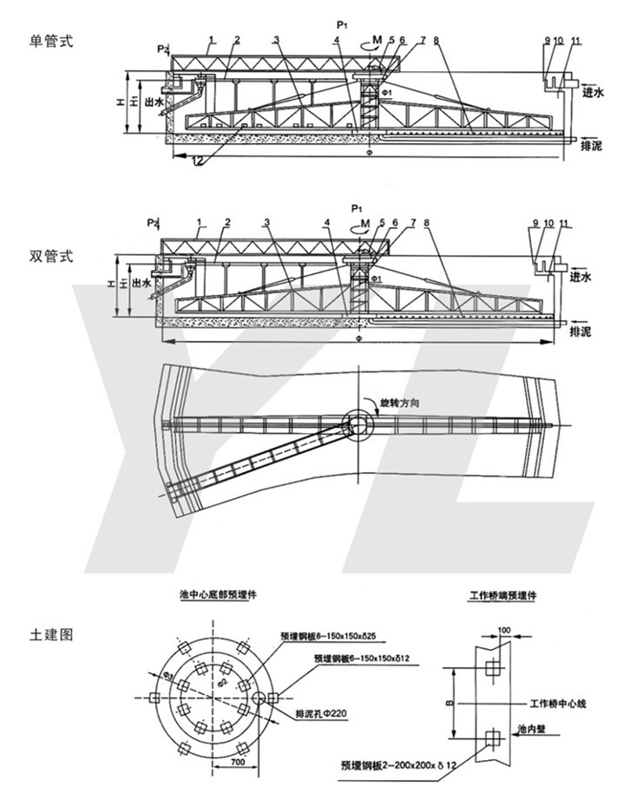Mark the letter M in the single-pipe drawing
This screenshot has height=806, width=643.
(376, 39)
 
